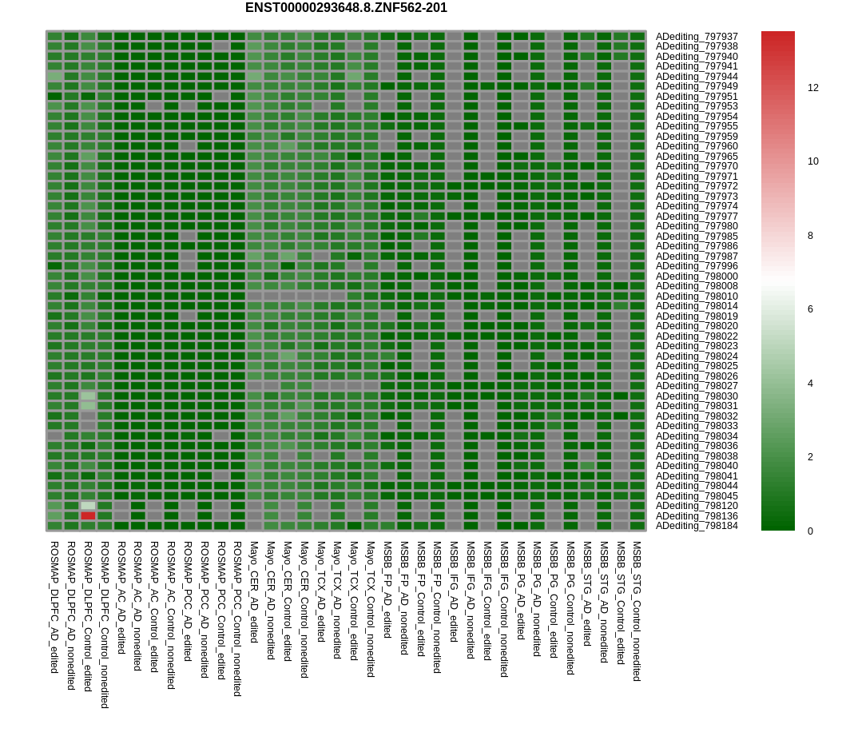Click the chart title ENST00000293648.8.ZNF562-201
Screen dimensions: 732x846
pos(346,8)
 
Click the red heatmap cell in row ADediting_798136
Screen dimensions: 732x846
pos(88,515)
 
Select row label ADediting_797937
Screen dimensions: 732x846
pos(697,37)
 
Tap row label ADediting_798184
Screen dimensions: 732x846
pos(697,526)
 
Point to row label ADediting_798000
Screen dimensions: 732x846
pos(697,276)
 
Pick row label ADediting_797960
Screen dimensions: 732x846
pos(697,146)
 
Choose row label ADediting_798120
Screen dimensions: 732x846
pos(697,506)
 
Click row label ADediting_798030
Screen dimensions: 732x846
pos(697,396)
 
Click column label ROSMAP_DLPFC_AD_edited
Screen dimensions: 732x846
pos(54,607)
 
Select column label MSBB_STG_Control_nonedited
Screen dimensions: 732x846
pos(637,611)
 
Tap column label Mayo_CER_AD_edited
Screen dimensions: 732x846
pos(254,591)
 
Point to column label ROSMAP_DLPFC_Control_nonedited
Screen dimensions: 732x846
pos(104,624)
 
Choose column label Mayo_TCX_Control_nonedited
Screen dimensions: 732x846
pos(370,609)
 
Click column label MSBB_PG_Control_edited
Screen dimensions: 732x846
pos(553,599)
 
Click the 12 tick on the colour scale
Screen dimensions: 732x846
pos(812,88)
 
